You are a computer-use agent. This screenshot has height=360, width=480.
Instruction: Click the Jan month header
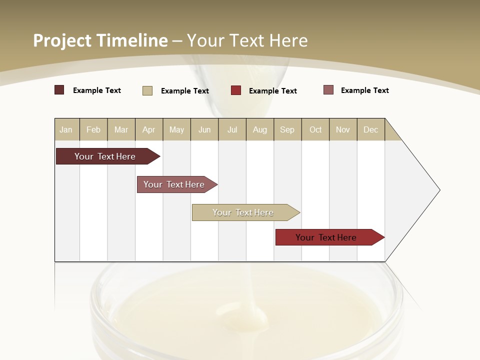(66, 129)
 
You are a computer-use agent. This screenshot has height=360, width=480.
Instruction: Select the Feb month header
(93, 129)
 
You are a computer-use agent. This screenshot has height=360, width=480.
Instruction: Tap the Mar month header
(121, 129)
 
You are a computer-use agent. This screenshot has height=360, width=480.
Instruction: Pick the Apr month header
(149, 129)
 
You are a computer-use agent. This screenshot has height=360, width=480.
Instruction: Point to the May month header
(176, 129)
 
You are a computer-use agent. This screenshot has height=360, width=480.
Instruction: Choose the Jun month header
(204, 129)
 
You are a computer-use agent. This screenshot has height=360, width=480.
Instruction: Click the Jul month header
(232, 129)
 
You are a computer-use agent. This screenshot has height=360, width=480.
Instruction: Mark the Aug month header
(260, 129)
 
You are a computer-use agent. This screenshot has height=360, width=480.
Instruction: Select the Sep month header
(287, 129)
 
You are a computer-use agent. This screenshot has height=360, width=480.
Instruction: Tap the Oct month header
(315, 129)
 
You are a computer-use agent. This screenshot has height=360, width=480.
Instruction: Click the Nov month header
(343, 129)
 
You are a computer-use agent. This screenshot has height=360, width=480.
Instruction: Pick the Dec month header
(371, 129)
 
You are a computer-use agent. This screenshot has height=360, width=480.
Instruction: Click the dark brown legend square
(59, 90)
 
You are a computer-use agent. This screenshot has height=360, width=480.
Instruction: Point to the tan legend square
(147, 90)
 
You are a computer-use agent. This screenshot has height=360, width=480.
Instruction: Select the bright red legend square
(236, 90)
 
